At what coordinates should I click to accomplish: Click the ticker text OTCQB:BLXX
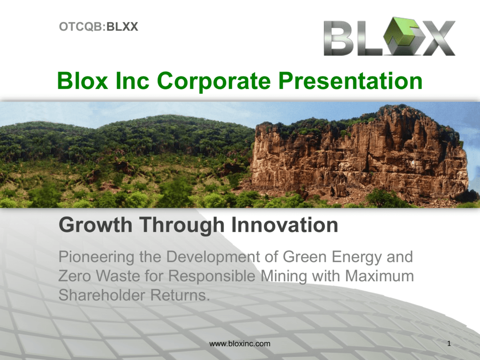coord(98,27)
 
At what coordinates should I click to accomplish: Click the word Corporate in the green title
coord(214,81)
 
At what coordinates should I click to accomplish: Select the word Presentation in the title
coord(351,81)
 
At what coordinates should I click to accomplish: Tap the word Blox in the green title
coord(82,81)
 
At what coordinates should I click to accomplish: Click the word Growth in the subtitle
coord(96,225)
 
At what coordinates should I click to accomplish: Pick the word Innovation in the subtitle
coord(285,225)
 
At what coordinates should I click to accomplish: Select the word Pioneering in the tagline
coord(97,257)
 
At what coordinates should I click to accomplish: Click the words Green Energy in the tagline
coord(332,257)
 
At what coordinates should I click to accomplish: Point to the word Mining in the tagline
coord(284,277)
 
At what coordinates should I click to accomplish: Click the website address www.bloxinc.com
coord(240,344)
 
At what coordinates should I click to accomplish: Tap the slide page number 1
coord(449,344)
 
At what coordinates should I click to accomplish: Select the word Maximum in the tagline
coord(379,276)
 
